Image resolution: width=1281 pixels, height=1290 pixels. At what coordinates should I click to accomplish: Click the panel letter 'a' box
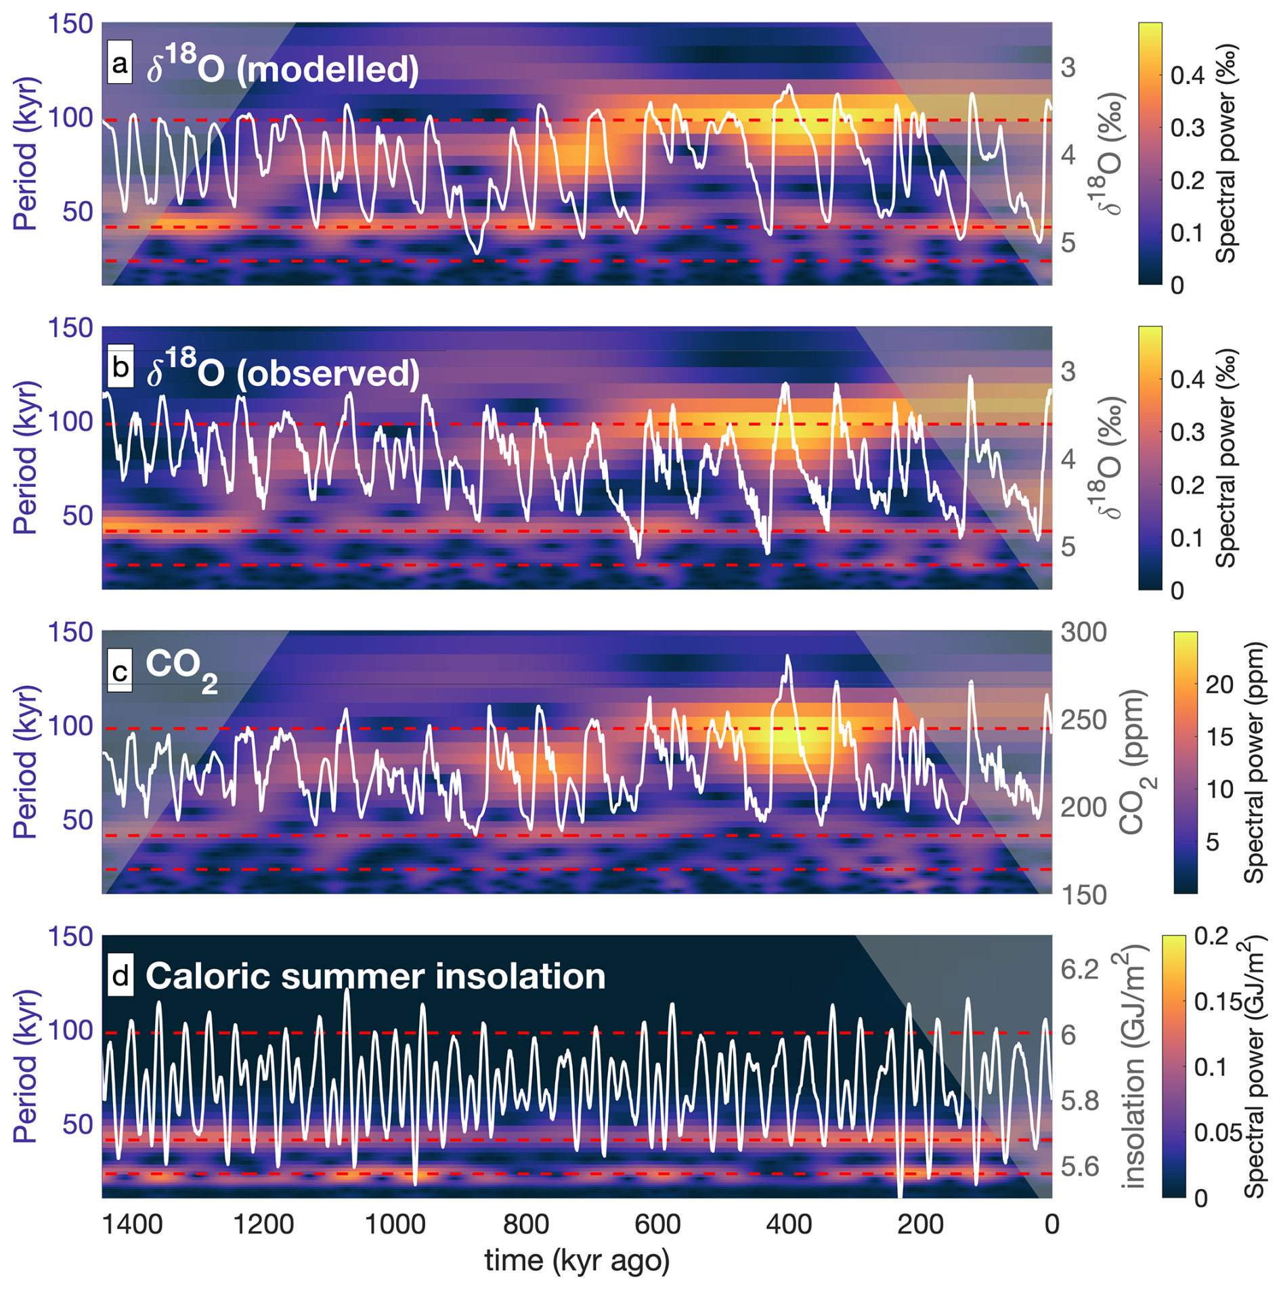point(119,65)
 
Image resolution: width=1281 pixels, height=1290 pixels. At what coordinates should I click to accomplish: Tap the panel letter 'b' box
point(120,368)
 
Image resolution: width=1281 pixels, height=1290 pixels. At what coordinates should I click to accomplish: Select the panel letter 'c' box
point(120,672)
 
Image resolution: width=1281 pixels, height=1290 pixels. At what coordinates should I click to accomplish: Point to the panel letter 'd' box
point(120,976)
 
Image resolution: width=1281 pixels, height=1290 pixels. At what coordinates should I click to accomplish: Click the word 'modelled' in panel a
point(328,70)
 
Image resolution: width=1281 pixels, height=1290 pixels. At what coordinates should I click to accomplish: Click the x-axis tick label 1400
point(133,1224)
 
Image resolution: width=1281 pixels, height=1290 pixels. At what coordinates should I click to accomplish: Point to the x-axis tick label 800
point(526,1224)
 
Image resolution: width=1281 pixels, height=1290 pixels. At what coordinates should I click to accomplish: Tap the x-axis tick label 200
point(920,1224)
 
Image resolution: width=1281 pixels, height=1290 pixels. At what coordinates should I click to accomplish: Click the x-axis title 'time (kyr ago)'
point(577,1260)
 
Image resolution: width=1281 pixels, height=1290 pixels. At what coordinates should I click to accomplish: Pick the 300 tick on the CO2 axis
point(1083,632)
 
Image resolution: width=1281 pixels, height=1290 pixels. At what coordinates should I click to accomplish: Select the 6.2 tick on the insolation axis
point(1079,969)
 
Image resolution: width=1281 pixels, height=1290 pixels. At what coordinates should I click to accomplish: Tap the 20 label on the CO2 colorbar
point(1219,685)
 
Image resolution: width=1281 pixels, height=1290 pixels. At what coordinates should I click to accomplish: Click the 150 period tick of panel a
point(70,24)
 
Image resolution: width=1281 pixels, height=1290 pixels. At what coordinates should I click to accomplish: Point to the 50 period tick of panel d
point(77,1125)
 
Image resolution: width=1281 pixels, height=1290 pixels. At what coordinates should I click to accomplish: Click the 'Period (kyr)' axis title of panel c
point(25,762)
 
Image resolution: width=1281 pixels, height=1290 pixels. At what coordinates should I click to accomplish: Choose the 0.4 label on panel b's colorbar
point(1187,379)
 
